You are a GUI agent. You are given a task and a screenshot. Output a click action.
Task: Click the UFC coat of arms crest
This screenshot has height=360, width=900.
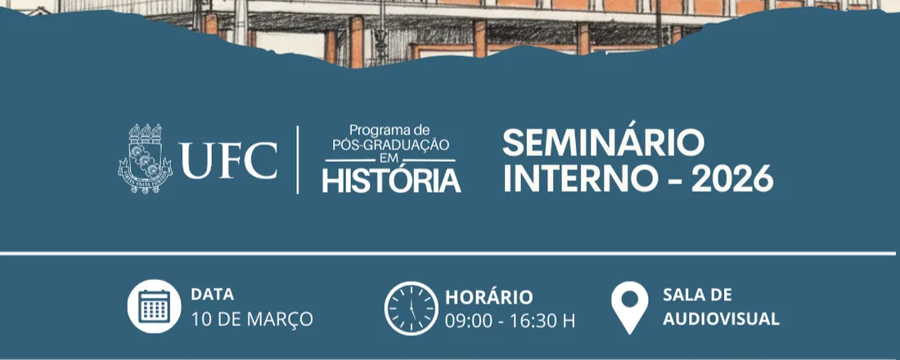(x=146, y=159)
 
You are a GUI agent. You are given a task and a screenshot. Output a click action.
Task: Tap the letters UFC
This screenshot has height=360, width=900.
(x=228, y=160)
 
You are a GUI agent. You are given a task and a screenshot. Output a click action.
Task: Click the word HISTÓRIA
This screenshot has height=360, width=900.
(x=391, y=180)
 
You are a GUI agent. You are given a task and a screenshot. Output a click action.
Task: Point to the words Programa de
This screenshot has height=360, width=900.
(x=389, y=130)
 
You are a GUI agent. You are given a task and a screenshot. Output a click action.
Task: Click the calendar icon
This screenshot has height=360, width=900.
(x=153, y=307)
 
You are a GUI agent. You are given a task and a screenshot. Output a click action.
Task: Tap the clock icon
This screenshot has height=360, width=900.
(x=411, y=308)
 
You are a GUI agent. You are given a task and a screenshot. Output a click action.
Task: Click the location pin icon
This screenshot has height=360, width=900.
(x=630, y=307)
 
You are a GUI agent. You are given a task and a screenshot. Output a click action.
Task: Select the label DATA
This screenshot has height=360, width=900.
(x=212, y=295)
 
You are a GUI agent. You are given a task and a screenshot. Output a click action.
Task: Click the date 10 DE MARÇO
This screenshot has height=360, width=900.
(x=251, y=319)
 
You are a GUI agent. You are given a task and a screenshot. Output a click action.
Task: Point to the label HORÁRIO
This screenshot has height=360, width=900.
(x=488, y=297)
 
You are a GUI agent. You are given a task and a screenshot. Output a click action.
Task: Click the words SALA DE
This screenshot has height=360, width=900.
(x=697, y=295)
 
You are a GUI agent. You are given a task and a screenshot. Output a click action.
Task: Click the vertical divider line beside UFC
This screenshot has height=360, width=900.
(x=297, y=160)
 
